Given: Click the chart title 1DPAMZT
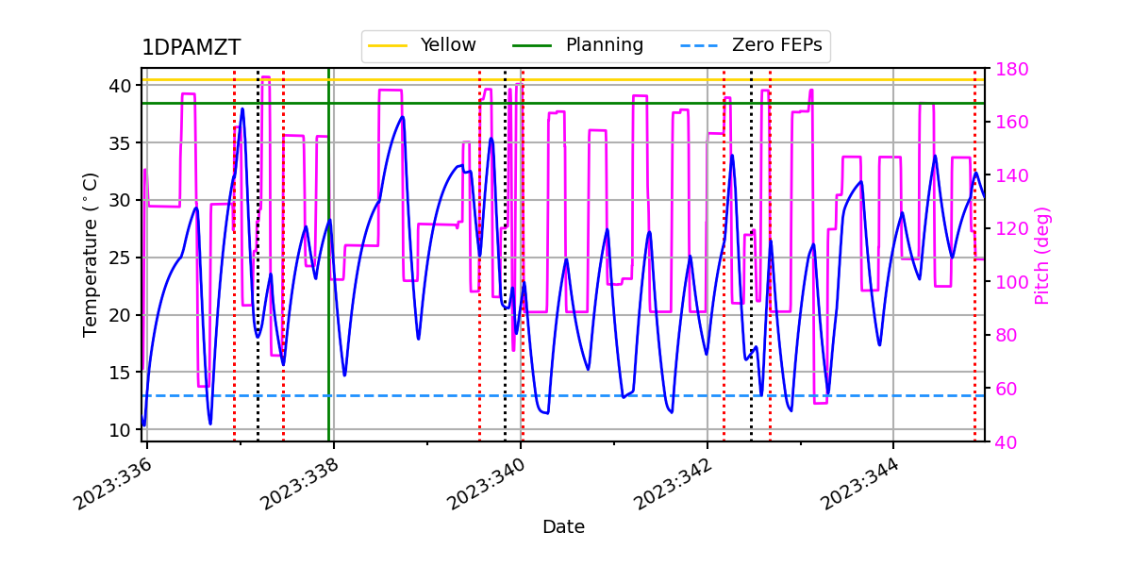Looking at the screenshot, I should (191, 48).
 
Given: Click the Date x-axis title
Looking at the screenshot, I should (563, 527).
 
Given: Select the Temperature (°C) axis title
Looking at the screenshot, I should (91, 254).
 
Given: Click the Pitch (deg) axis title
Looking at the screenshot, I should (1042, 255).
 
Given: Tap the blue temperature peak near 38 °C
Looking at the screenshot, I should (242, 109).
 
